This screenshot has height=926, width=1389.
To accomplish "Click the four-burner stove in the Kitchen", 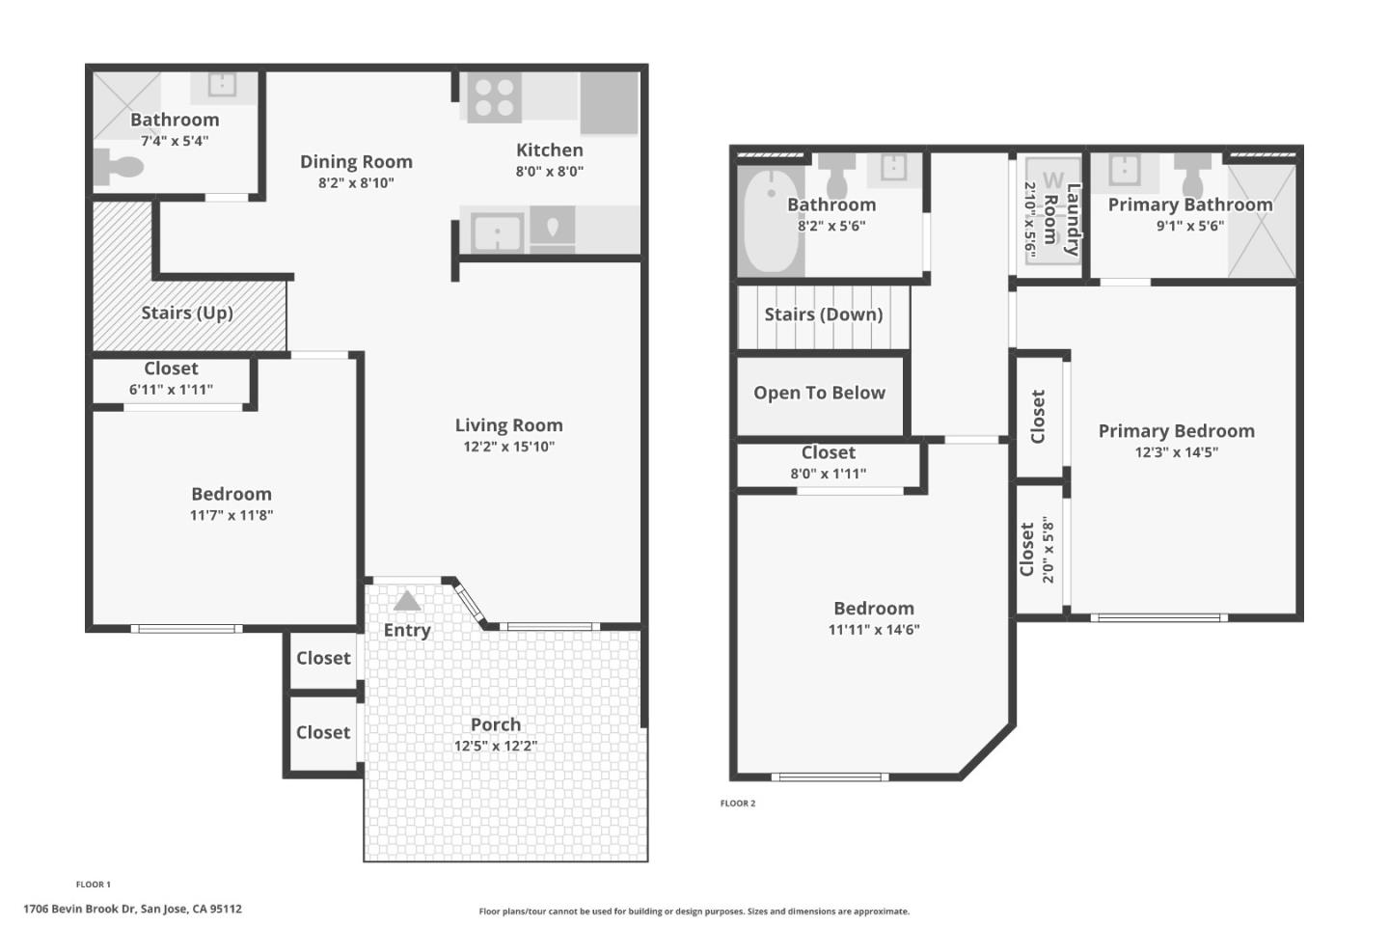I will tap(494, 96).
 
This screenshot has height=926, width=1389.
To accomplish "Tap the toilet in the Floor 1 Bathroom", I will tap(118, 168).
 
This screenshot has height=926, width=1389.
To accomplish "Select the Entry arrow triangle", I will tap(407, 601).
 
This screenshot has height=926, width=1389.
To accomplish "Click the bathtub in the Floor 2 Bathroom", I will tap(771, 221).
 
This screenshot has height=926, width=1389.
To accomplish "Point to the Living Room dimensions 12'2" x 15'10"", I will tap(508, 447).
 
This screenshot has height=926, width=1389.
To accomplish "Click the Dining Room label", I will tap(356, 161).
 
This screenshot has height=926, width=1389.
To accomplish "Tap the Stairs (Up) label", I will tap(187, 313).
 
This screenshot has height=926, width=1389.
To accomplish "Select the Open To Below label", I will tap(819, 393).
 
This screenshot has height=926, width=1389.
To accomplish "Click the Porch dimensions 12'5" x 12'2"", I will tap(496, 746).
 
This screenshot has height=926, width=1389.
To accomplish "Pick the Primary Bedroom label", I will tap(1176, 431).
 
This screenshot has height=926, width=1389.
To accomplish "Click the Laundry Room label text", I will tap(1062, 218).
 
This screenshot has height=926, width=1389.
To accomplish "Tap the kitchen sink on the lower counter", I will tap(498, 232).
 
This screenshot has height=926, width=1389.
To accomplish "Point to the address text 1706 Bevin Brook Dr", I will tap(132, 909).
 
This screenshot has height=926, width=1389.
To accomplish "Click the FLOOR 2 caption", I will tap(738, 803).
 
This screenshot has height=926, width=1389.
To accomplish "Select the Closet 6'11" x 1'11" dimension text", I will tap(171, 390).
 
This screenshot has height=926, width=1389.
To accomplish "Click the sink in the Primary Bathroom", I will tap(1124, 169).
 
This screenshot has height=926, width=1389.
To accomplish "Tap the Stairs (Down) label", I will tap(823, 314).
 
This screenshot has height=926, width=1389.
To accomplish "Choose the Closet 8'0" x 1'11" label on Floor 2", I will tap(828, 452).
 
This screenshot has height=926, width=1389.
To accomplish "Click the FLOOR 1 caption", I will tap(94, 885).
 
